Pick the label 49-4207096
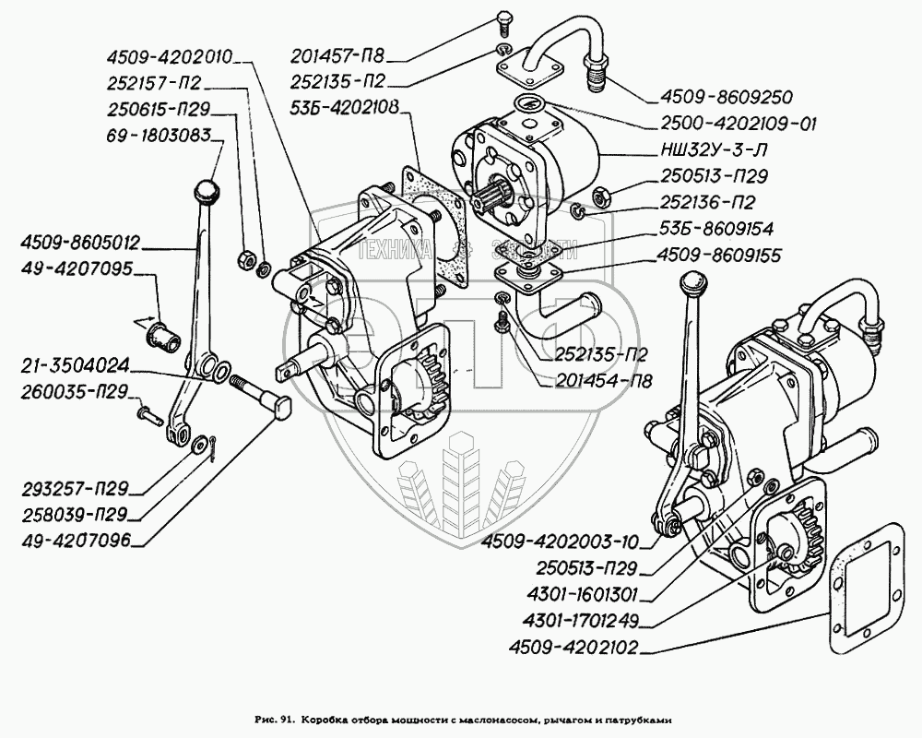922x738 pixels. coord(77,540)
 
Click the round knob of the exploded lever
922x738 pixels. coord(208,193)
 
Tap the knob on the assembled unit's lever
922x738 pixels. coord(692,282)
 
